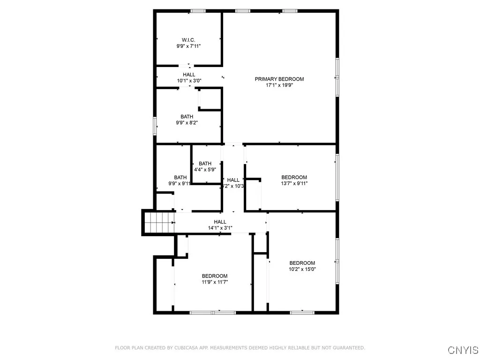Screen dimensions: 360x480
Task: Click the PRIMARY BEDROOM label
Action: [279, 79]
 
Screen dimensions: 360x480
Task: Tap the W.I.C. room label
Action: [189, 40]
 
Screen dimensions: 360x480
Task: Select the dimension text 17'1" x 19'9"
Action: [279, 85]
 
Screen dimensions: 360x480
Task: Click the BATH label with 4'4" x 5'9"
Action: [205, 164]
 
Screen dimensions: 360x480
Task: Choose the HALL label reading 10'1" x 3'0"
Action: [189, 75]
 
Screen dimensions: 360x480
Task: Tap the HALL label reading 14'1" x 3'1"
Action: [220, 222]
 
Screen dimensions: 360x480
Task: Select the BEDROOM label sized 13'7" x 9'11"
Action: [294, 177]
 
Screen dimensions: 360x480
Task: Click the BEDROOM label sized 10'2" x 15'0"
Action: [302, 263]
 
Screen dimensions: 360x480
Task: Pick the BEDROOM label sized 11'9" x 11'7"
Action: [215, 276]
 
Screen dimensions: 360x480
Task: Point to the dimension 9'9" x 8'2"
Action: [187, 123]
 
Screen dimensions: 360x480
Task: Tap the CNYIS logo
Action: [463, 350]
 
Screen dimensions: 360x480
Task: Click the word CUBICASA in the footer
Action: [173, 348]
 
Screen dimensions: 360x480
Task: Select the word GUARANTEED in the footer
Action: [348, 348]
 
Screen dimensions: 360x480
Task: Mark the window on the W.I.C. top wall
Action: [197, 11]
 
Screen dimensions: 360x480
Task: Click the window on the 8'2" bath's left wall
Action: [155, 127]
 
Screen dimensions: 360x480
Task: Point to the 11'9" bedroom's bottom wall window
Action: [213, 312]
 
